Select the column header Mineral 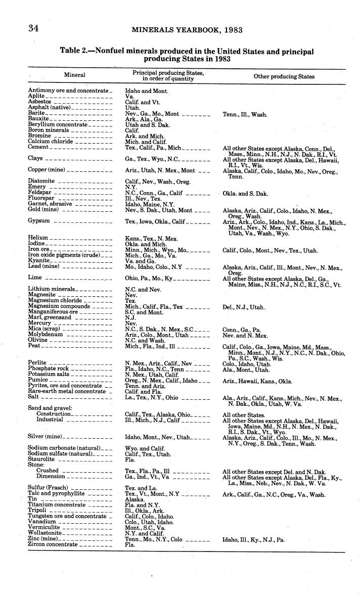click(x=74, y=75)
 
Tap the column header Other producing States click(x=284, y=77)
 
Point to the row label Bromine click(x=39, y=136)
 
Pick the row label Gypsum click(x=38, y=221)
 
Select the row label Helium click(x=38, y=238)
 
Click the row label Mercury click(x=39, y=324)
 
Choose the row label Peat click(x=34, y=346)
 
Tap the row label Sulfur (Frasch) click(x=48, y=488)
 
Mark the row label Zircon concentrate click(x=53, y=545)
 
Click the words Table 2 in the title click(x=76, y=52)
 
